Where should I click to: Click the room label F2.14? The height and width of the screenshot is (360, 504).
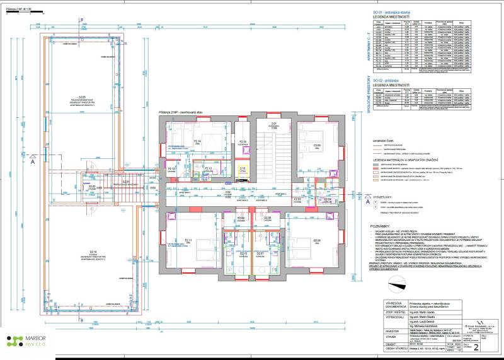click(x=197, y=141)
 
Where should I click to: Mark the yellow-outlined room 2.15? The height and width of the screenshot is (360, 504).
click(x=242, y=169)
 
